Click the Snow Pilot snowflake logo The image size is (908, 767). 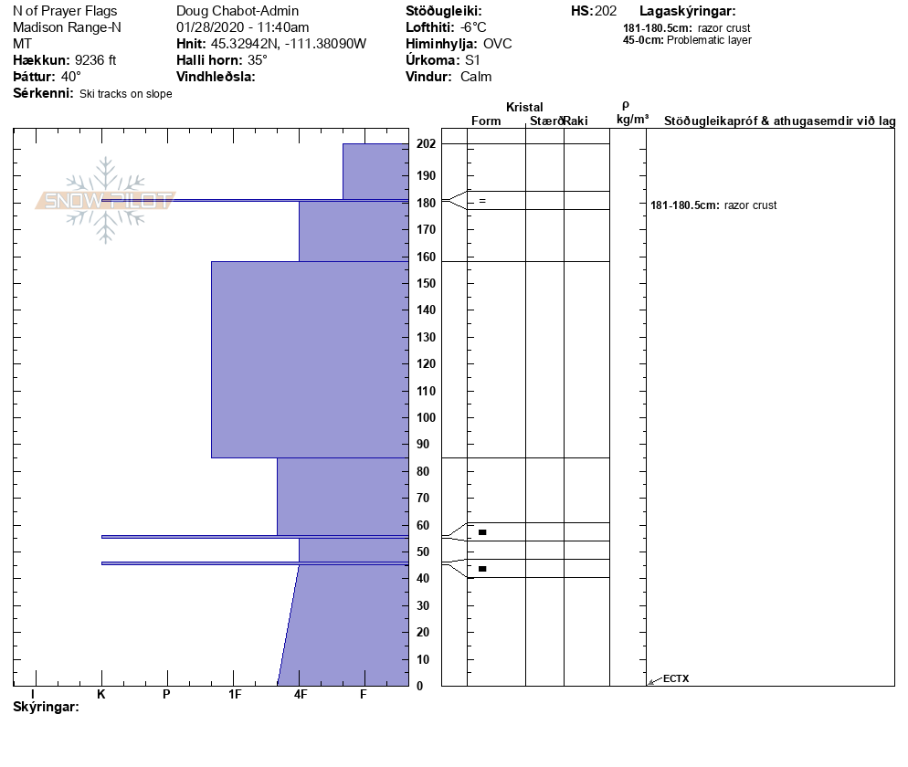(x=106, y=200)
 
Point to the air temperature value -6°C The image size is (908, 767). (x=474, y=27)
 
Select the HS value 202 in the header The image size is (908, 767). (x=606, y=11)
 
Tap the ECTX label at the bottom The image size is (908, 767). (x=676, y=678)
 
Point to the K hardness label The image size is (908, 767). (x=101, y=694)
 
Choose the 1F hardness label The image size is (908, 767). (x=235, y=694)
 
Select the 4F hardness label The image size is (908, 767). (x=301, y=694)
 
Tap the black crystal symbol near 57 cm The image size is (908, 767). (x=482, y=531)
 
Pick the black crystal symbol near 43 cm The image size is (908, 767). (x=482, y=569)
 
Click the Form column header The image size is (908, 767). (x=486, y=121)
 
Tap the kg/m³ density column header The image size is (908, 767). (x=632, y=120)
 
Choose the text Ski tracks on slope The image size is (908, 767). (x=126, y=94)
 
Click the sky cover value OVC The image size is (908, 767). (x=498, y=44)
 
